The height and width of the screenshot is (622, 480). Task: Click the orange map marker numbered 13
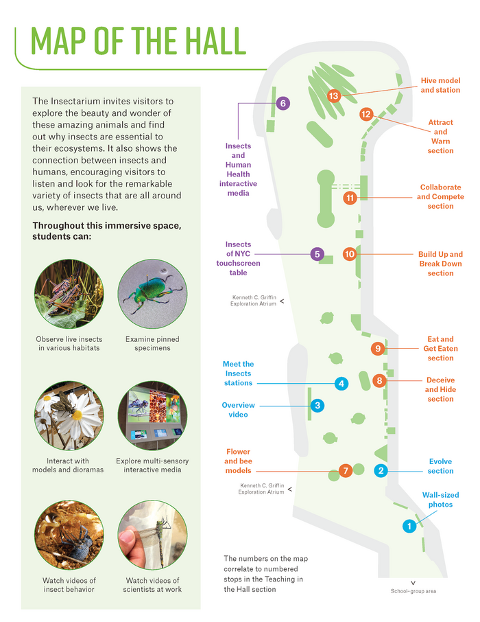pyautogui.click(x=334, y=96)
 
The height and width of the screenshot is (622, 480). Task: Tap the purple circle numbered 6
pyautogui.click(x=283, y=104)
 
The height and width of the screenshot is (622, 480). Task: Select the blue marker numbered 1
pyautogui.click(x=409, y=527)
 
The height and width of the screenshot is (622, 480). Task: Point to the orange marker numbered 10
pyautogui.click(x=350, y=254)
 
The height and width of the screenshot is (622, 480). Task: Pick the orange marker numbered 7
pyautogui.click(x=346, y=471)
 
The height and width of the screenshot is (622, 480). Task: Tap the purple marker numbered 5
pyautogui.click(x=317, y=254)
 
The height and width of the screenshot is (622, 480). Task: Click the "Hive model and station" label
pyautogui.click(x=440, y=85)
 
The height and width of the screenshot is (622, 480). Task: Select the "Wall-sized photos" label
pyautogui.click(x=440, y=500)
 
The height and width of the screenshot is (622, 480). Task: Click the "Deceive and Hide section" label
pyautogui.click(x=440, y=389)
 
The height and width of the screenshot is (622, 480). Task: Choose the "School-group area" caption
pyautogui.click(x=413, y=591)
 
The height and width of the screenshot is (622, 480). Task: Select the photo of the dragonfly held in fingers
pyautogui.click(x=152, y=534)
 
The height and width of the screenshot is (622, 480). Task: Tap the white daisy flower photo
pyautogui.click(x=69, y=415)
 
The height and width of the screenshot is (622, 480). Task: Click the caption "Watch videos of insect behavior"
pyautogui.click(x=69, y=585)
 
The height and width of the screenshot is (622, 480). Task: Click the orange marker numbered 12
pyautogui.click(x=365, y=115)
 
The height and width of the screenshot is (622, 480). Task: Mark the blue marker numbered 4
pyautogui.click(x=341, y=383)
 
